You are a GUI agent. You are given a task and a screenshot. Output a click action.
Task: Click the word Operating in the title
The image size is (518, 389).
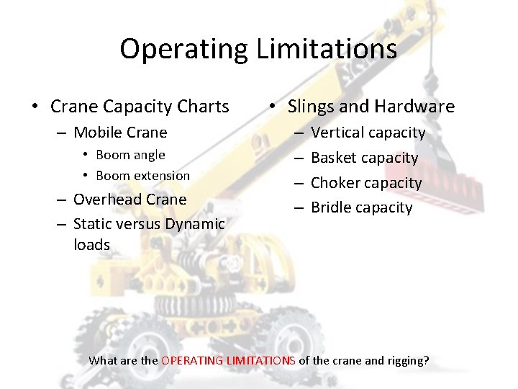[183, 49]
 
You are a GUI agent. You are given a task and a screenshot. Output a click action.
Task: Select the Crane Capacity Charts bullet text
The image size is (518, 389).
[140, 107]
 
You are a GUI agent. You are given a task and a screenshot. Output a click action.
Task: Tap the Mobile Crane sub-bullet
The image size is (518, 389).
[120, 133]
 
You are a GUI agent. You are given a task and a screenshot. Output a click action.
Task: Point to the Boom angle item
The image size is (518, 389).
[130, 155]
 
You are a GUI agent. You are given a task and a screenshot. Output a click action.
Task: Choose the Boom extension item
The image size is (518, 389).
[142, 176]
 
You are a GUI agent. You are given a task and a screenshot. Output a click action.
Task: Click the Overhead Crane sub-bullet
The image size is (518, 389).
[129, 200]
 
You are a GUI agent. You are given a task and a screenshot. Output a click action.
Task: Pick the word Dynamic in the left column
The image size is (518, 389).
[196, 224]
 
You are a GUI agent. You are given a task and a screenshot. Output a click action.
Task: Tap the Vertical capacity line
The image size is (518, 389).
[368, 133]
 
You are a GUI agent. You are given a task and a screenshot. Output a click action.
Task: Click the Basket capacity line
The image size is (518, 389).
[364, 158]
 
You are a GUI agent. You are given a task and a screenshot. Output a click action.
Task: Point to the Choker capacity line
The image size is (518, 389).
[366, 183]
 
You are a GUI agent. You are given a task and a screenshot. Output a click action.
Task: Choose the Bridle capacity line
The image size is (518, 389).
[361, 207]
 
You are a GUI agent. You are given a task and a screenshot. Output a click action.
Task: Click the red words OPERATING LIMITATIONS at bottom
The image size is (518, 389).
[228, 360]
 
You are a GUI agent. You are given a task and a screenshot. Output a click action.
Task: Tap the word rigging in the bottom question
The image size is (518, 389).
[406, 360]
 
